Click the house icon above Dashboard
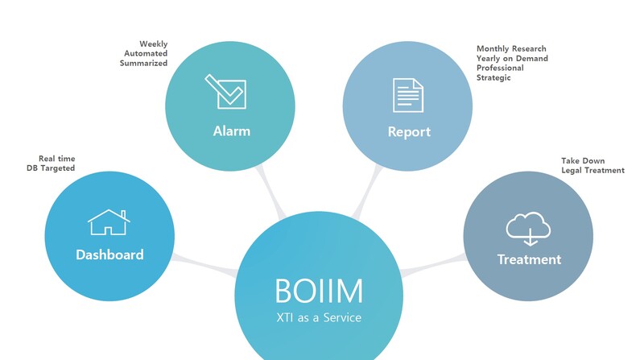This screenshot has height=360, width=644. pyautogui.click(x=109, y=221)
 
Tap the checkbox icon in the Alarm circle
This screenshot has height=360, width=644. pyautogui.click(x=225, y=90)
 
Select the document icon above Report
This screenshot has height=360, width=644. pyautogui.click(x=407, y=95)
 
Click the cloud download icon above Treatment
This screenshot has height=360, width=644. pyautogui.click(x=528, y=229)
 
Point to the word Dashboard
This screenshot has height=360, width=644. pyautogui.click(x=109, y=254)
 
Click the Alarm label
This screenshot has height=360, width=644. pyautogui.click(x=232, y=131)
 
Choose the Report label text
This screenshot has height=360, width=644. pyautogui.click(x=409, y=131)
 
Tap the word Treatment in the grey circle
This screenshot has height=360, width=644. pyautogui.click(x=529, y=259)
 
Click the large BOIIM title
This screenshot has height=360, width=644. pyautogui.click(x=318, y=290)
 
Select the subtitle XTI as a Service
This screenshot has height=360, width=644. pyautogui.click(x=318, y=317)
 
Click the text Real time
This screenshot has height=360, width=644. pyautogui.click(x=56, y=159)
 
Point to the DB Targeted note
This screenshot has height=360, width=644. pyautogui.click(x=51, y=168)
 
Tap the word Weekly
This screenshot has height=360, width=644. pyautogui.click(x=153, y=44)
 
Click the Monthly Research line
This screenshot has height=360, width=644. pyautogui.click(x=511, y=49)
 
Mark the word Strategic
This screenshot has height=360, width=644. pyautogui.click(x=493, y=78)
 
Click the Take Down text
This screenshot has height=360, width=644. pyautogui.click(x=583, y=161)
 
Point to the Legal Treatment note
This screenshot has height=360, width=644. pyautogui.click(x=592, y=171)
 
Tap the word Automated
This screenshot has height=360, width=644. pyautogui.click(x=146, y=53)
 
